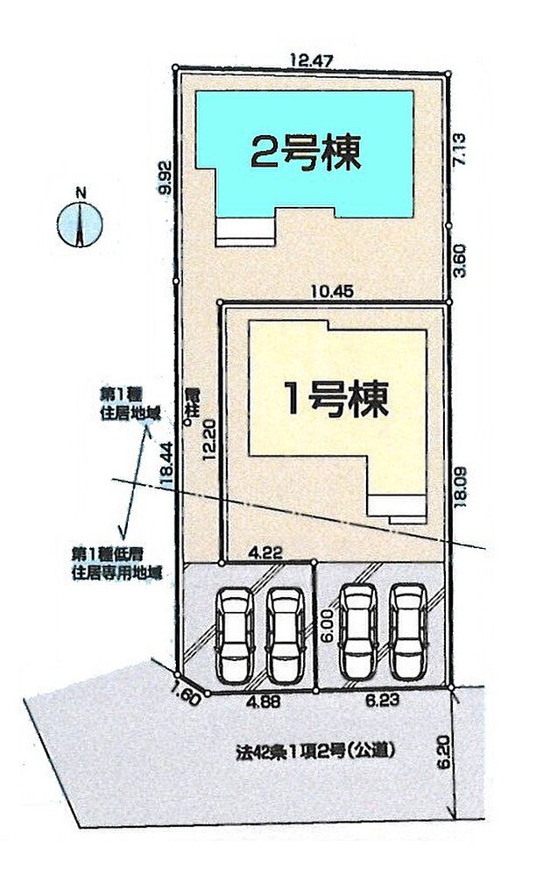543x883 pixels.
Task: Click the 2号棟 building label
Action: coord(306,154)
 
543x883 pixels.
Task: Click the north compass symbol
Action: coord(81,222)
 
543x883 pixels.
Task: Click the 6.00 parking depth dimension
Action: coord(326,625)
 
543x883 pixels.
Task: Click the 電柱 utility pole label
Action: coord(192,402)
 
